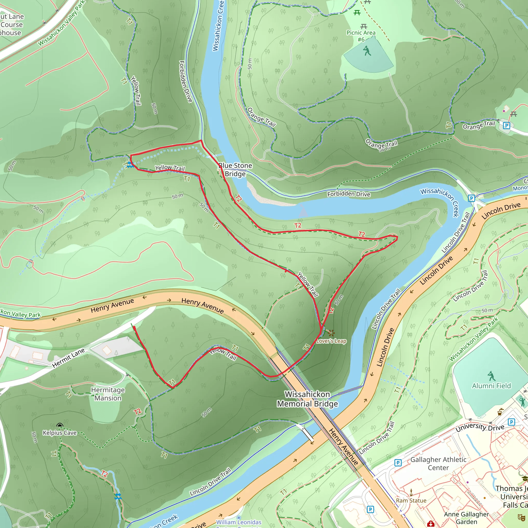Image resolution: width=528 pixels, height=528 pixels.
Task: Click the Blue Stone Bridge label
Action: (235, 170)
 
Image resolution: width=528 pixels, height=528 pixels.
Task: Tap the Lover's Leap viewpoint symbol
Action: (331, 333)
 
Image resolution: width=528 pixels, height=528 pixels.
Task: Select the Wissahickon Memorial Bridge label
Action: (308, 399)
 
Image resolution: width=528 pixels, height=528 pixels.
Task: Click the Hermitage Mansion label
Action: (108, 394)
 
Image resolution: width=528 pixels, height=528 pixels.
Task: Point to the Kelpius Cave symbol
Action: (60, 425)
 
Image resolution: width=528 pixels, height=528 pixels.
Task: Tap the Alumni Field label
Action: (491, 386)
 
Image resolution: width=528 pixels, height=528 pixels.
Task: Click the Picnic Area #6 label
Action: (361, 36)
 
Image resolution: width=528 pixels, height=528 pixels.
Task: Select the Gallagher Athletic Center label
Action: (438, 464)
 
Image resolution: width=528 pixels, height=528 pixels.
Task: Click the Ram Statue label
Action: (411, 500)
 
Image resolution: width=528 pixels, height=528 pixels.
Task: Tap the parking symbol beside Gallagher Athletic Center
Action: (398, 463)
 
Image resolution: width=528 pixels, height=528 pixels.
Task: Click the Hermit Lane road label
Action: (68, 358)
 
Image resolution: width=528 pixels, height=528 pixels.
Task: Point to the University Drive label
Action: (480, 428)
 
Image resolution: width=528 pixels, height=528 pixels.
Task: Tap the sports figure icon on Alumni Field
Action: (491, 376)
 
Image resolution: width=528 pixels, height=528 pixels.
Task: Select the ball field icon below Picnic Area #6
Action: (367, 51)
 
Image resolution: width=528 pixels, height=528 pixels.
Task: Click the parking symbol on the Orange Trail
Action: (506, 126)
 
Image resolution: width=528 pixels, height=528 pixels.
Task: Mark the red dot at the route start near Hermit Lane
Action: (134, 327)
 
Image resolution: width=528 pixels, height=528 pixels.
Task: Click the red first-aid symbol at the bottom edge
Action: (431, 524)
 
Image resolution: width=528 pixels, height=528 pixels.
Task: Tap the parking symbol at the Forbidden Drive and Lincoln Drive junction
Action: (471, 198)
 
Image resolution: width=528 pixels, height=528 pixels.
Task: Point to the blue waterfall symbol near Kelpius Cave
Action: (118, 496)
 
